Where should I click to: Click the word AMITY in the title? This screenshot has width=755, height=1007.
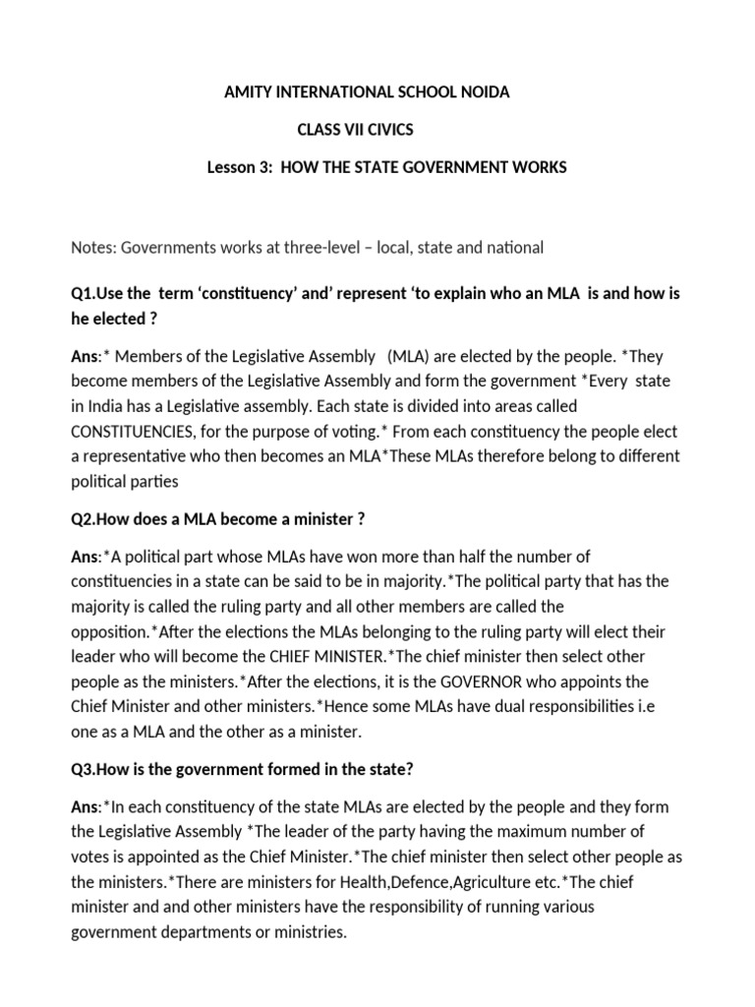coord(249,92)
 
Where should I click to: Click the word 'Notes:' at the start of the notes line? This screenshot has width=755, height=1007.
coord(93,247)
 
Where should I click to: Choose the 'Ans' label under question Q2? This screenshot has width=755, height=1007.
coord(85,557)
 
